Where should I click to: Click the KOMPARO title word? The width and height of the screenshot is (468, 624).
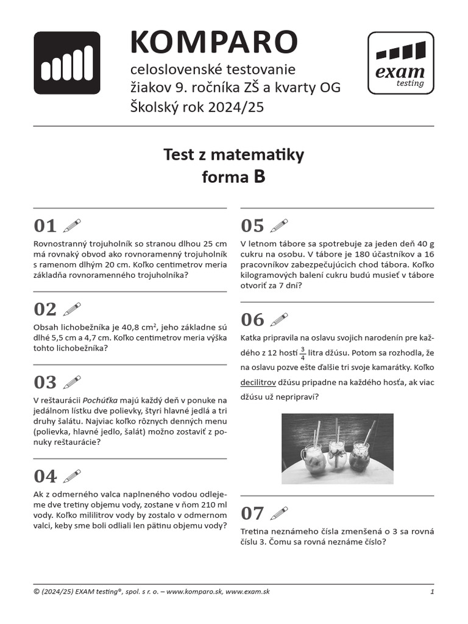coord(214,42)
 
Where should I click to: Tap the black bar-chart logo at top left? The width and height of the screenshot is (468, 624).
coord(66,63)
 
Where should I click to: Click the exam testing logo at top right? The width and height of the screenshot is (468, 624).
coord(400,63)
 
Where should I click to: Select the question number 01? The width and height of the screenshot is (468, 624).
coord(45,226)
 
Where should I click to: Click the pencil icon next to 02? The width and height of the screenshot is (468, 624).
coord(71,309)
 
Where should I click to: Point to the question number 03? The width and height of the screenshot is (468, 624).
coord(45,382)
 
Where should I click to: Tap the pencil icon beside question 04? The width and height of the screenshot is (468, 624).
coord(71,476)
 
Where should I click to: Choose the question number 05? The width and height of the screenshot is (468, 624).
coord(252,226)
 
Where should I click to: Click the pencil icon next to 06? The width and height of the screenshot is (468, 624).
coord(278,319)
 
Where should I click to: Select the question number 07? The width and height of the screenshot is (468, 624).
coord(252,512)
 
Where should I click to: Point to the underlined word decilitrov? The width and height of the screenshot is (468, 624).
coord(258,383)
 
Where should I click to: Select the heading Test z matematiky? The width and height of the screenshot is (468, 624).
coord(233,155)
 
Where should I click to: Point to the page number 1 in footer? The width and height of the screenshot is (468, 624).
coord(431,592)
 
